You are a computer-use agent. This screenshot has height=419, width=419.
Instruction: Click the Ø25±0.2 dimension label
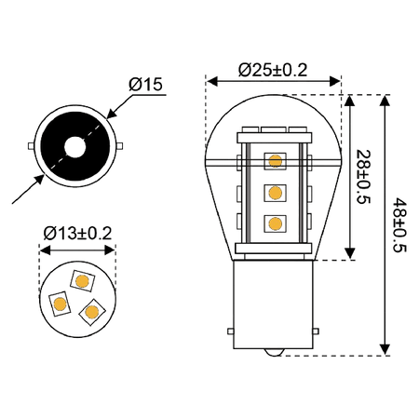pyautogui.click(x=273, y=70)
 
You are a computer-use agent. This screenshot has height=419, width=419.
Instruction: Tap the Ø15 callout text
pyautogui.click(x=145, y=84)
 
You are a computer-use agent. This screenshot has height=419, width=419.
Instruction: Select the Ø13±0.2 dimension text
pyautogui.click(x=77, y=234)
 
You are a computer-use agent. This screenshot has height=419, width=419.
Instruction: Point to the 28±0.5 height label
pyautogui.click(x=363, y=177)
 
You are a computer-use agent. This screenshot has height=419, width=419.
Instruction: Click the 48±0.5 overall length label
pyautogui.click(x=399, y=225)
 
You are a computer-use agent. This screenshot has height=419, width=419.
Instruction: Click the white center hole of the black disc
pyautogui.click(x=75, y=146)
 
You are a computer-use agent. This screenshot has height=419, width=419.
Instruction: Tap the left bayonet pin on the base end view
pyautogui.click(x=31, y=146)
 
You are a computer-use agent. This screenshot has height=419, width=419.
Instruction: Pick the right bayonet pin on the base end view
pyautogui.click(x=120, y=146)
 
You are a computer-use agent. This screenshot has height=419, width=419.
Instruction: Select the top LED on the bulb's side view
pyautogui.click(x=275, y=161)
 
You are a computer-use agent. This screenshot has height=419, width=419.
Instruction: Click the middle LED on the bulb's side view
pyautogui.click(x=275, y=193)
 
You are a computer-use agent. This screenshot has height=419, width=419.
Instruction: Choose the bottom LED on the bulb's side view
pyautogui.click(x=275, y=223)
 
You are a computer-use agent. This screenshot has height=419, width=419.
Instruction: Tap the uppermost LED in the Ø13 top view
pyautogui.click(x=82, y=281)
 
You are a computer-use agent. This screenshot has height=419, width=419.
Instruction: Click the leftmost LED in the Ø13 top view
pyautogui.click(x=60, y=304)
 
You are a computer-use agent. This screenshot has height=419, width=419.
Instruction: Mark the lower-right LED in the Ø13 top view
pyautogui.click(x=92, y=312)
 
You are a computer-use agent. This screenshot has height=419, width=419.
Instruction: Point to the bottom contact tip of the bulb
pyautogui.click(x=273, y=352)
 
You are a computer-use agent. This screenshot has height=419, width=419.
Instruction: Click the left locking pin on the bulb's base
pyautogui.click(x=231, y=331)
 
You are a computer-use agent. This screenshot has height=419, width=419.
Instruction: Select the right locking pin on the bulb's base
pyautogui.click(x=316, y=331)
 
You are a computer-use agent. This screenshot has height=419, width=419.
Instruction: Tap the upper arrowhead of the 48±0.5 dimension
pyautogui.click(x=385, y=101)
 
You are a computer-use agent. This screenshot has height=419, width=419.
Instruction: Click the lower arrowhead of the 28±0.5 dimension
pyautogui.click(x=350, y=253)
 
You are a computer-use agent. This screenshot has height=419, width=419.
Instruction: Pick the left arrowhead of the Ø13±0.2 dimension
pyautogui.click(x=46, y=250)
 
